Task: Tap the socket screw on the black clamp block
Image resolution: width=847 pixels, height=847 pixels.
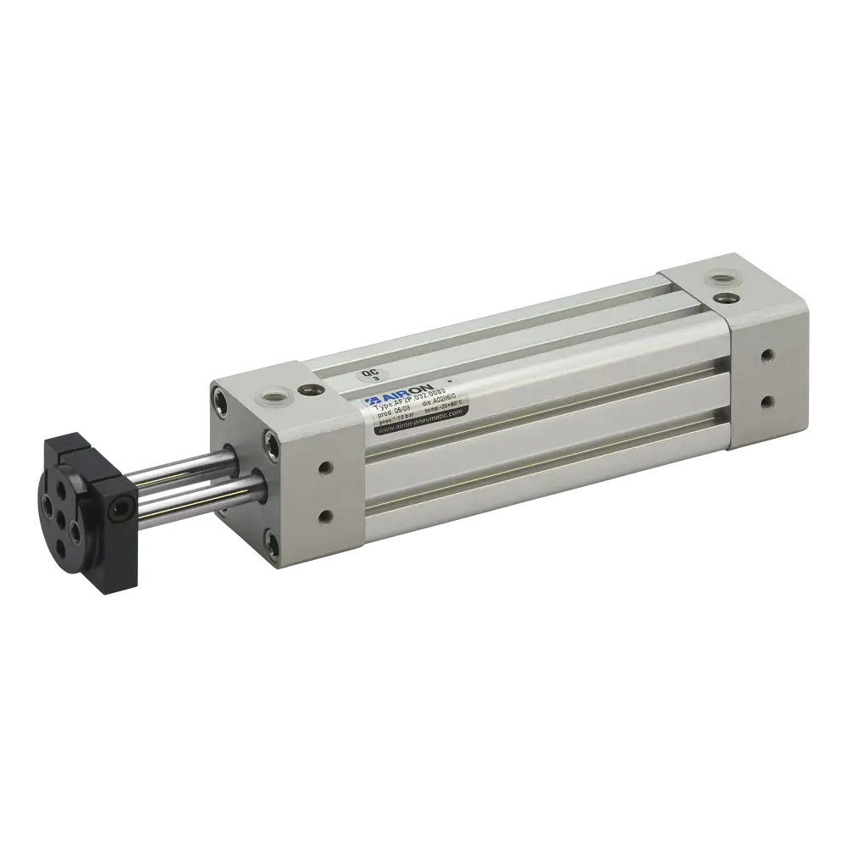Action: [119, 508]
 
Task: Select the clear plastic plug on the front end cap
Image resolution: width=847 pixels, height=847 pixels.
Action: [274, 394]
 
